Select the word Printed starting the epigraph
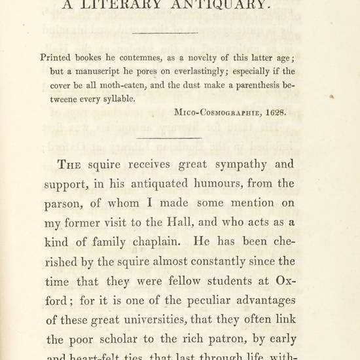(x=58, y=57)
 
